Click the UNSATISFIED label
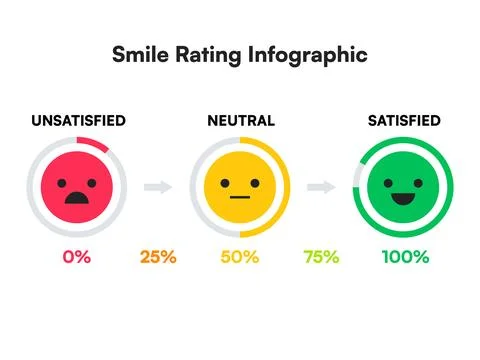(x=78, y=121)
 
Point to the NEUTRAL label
(x=239, y=121)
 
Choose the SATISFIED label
(x=404, y=121)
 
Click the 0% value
(x=76, y=257)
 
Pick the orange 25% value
(x=158, y=257)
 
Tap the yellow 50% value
(x=239, y=257)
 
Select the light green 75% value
(x=322, y=257)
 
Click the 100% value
(x=405, y=257)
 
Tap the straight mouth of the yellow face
(x=240, y=197)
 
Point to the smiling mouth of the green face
(x=404, y=195)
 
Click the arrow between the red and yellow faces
(x=158, y=186)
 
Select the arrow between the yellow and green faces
(x=321, y=186)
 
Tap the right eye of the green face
(x=416, y=180)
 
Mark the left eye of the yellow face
(x=227, y=182)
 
